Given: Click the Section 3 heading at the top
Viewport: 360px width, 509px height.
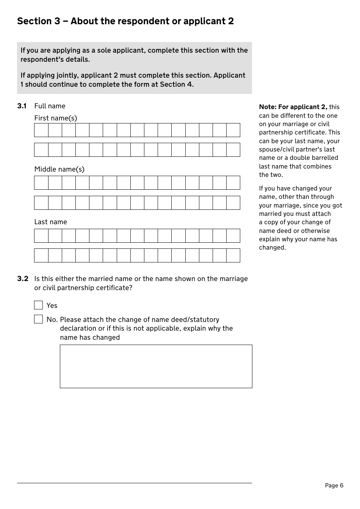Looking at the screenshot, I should tap(125, 21).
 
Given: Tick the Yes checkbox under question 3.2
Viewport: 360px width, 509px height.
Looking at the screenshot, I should tap(39, 305).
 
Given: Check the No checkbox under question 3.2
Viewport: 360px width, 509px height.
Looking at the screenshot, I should tap(39, 319).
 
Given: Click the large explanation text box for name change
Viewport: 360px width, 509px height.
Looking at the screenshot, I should tap(156, 366).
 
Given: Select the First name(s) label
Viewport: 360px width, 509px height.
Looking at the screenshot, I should tap(56, 118).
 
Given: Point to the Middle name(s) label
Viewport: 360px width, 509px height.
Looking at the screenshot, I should tap(59, 169).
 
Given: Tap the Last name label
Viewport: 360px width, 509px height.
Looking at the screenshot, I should tap(50, 222).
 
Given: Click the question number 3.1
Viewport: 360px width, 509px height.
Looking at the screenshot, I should tap(22, 106).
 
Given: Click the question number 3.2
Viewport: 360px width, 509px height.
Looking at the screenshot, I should tap(23, 279).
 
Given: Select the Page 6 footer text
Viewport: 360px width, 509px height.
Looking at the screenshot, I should tap(334, 486).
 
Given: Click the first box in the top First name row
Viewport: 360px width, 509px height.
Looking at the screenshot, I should tap(41, 130).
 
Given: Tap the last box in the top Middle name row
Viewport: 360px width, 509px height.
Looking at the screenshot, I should tap(233, 183).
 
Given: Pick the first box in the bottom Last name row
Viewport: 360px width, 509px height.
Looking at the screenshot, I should tap(41, 255).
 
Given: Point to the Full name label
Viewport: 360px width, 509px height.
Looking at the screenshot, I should tap(50, 106).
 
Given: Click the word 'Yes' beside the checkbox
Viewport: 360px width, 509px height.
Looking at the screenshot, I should tap(52, 306).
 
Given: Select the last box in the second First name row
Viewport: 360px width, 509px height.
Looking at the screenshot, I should tap(233, 150).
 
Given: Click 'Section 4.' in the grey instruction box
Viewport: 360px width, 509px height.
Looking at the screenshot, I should tap(177, 84).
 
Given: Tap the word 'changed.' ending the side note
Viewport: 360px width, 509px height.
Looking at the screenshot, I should tap(272, 248).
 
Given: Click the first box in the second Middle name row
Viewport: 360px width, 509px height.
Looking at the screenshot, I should tap(41, 203).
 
